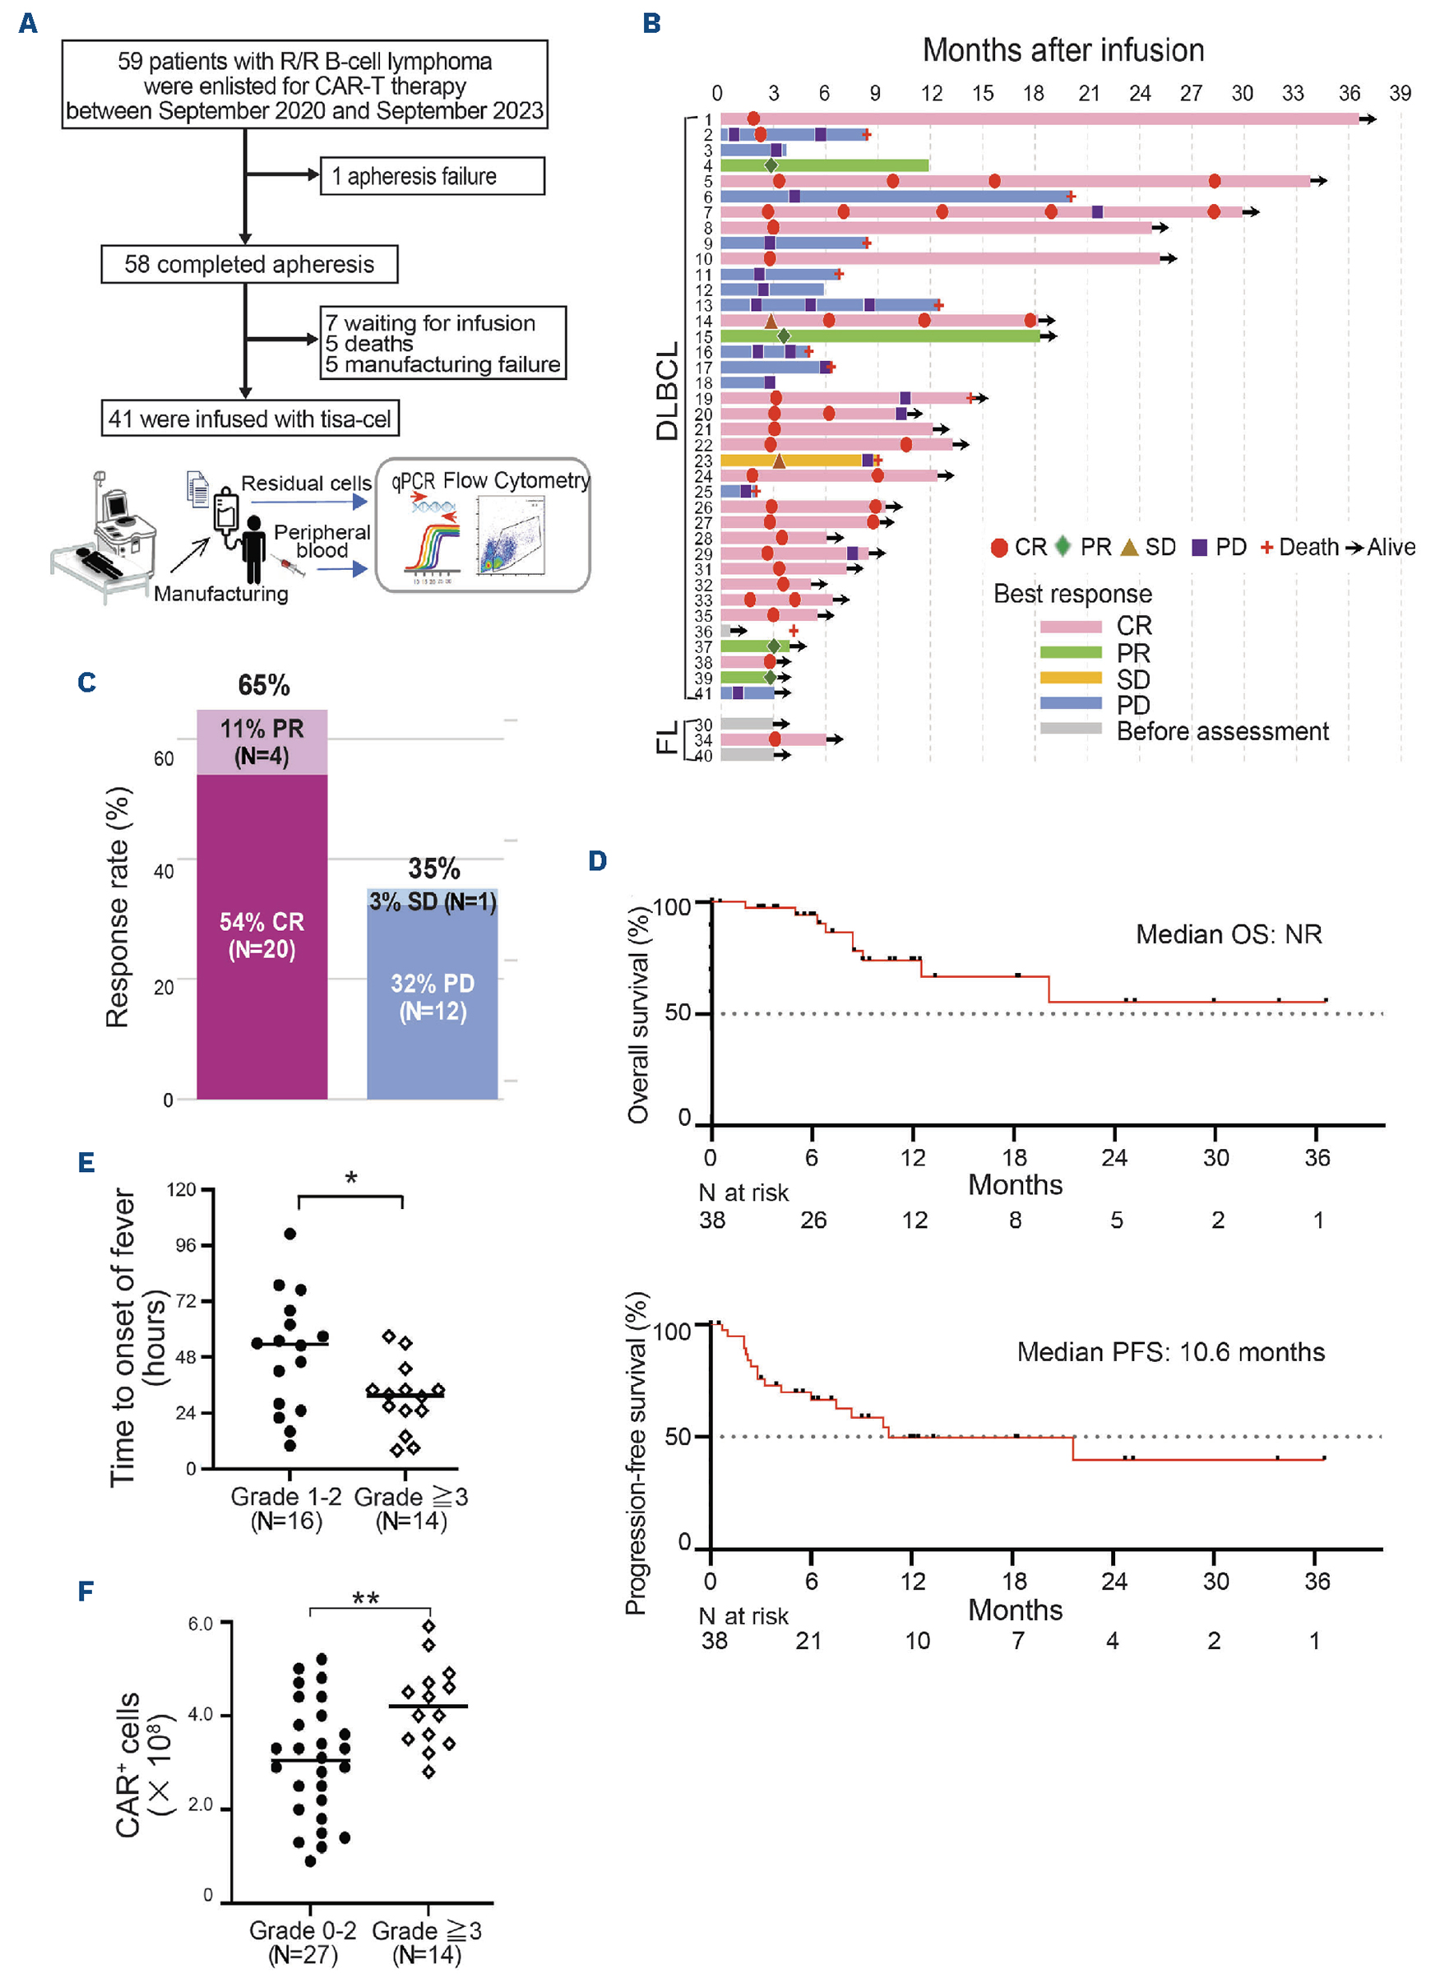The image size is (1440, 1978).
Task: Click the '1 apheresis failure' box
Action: tap(432, 176)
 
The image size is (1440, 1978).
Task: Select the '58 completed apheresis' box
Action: tap(248, 264)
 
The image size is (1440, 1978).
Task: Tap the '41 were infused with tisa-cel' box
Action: tap(249, 419)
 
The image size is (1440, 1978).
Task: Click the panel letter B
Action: tap(651, 24)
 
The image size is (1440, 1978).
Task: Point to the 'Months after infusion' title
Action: tap(1063, 51)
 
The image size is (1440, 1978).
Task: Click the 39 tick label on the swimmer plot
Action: tap(1399, 93)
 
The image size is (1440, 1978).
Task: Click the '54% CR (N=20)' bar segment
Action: tap(262, 935)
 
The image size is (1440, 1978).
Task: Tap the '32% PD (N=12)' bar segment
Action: tap(433, 997)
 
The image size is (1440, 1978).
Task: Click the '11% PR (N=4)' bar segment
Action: tap(262, 741)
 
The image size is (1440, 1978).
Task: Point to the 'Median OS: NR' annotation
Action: tap(1228, 934)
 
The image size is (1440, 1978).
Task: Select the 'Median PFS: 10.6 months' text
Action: tap(1169, 1352)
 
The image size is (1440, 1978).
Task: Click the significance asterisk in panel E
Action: tap(350, 1179)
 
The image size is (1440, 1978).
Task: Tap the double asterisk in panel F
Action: tap(365, 1599)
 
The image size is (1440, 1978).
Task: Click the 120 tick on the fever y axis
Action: tap(182, 1189)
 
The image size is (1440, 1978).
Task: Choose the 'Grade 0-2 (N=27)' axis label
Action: tap(303, 1943)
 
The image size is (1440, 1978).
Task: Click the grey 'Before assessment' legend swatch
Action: tap(1070, 729)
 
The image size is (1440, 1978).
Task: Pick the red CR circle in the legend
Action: tap(999, 548)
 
